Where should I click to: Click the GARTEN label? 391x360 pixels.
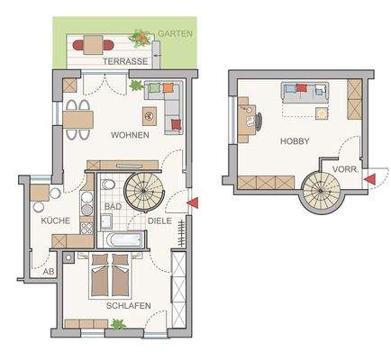(174, 32)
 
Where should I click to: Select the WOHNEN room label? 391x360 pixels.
(130, 135)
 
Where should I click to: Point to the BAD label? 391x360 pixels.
(113, 206)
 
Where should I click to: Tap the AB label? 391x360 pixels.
(49, 270)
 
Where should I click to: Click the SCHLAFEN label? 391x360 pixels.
(127, 306)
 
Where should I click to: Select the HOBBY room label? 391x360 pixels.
(295, 141)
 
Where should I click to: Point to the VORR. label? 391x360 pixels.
(346, 169)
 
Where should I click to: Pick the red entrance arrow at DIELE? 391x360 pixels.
(192, 204)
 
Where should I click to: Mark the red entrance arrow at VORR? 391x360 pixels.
(370, 180)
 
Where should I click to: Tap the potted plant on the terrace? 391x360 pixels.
(141, 38)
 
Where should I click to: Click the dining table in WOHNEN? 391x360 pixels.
(78, 118)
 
